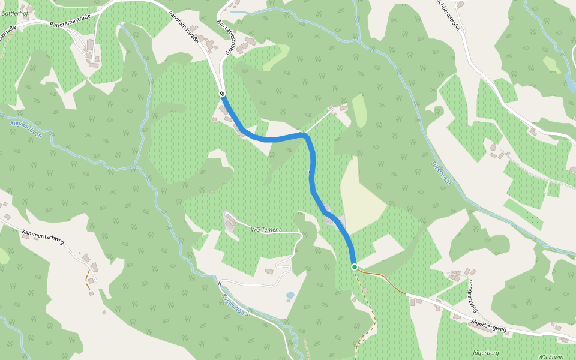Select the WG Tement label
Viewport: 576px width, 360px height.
click(x=266, y=229)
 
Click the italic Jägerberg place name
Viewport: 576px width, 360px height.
click(x=486, y=352)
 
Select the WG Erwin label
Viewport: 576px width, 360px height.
click(x=551, y=356)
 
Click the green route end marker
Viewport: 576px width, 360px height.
click(x=355, y=266)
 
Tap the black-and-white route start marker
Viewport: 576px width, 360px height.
click(x=222, y=94)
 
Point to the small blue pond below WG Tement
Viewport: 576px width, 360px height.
click(x=290, y=295)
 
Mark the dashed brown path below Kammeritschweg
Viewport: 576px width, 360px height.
click(x=88, y=279)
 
